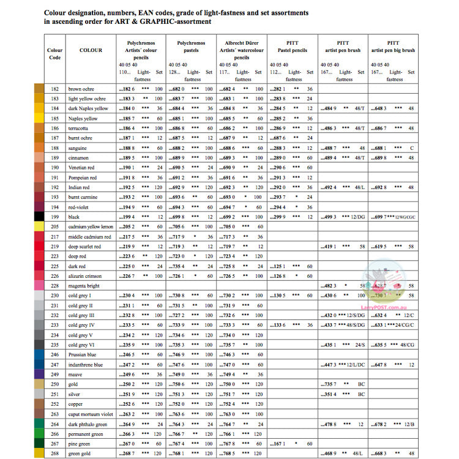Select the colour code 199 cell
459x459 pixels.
(55, 217)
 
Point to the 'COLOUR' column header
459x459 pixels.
(91, 50)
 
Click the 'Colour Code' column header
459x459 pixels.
(55, 54)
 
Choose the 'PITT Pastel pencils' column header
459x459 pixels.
(293, 47)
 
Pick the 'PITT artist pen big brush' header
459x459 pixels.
(393, 47)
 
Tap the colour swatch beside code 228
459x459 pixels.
(39, 286)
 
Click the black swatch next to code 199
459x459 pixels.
(39, 217)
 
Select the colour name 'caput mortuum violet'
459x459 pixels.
(91, 414)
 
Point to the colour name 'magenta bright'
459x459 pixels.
(84, 286)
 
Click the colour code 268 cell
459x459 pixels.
(55, 453)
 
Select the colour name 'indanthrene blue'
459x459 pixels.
(86, 365)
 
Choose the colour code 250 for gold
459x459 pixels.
(55, 384)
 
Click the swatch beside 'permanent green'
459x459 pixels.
(39, 434)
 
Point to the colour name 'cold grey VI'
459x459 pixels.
(81, 345)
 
